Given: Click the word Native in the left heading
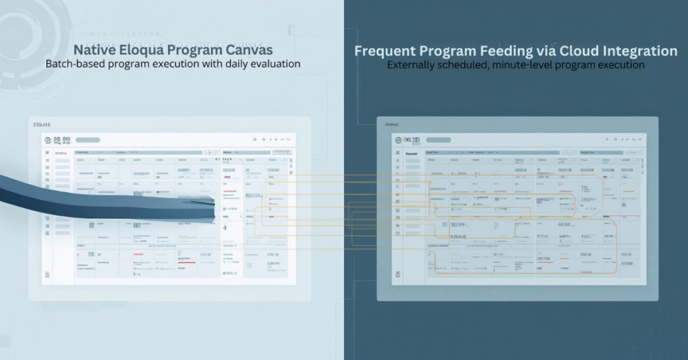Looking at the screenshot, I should click(93, 50).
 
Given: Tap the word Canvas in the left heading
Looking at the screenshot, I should click(248, 50).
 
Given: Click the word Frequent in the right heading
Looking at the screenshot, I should click(386, 51).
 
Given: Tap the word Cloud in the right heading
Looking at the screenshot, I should click(572, 51).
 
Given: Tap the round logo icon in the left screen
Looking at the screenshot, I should click(48, 140).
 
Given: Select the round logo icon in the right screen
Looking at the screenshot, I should click(399, 140).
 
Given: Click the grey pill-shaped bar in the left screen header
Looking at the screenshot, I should click(88, 140).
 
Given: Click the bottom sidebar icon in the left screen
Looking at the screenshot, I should click(47, 275).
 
